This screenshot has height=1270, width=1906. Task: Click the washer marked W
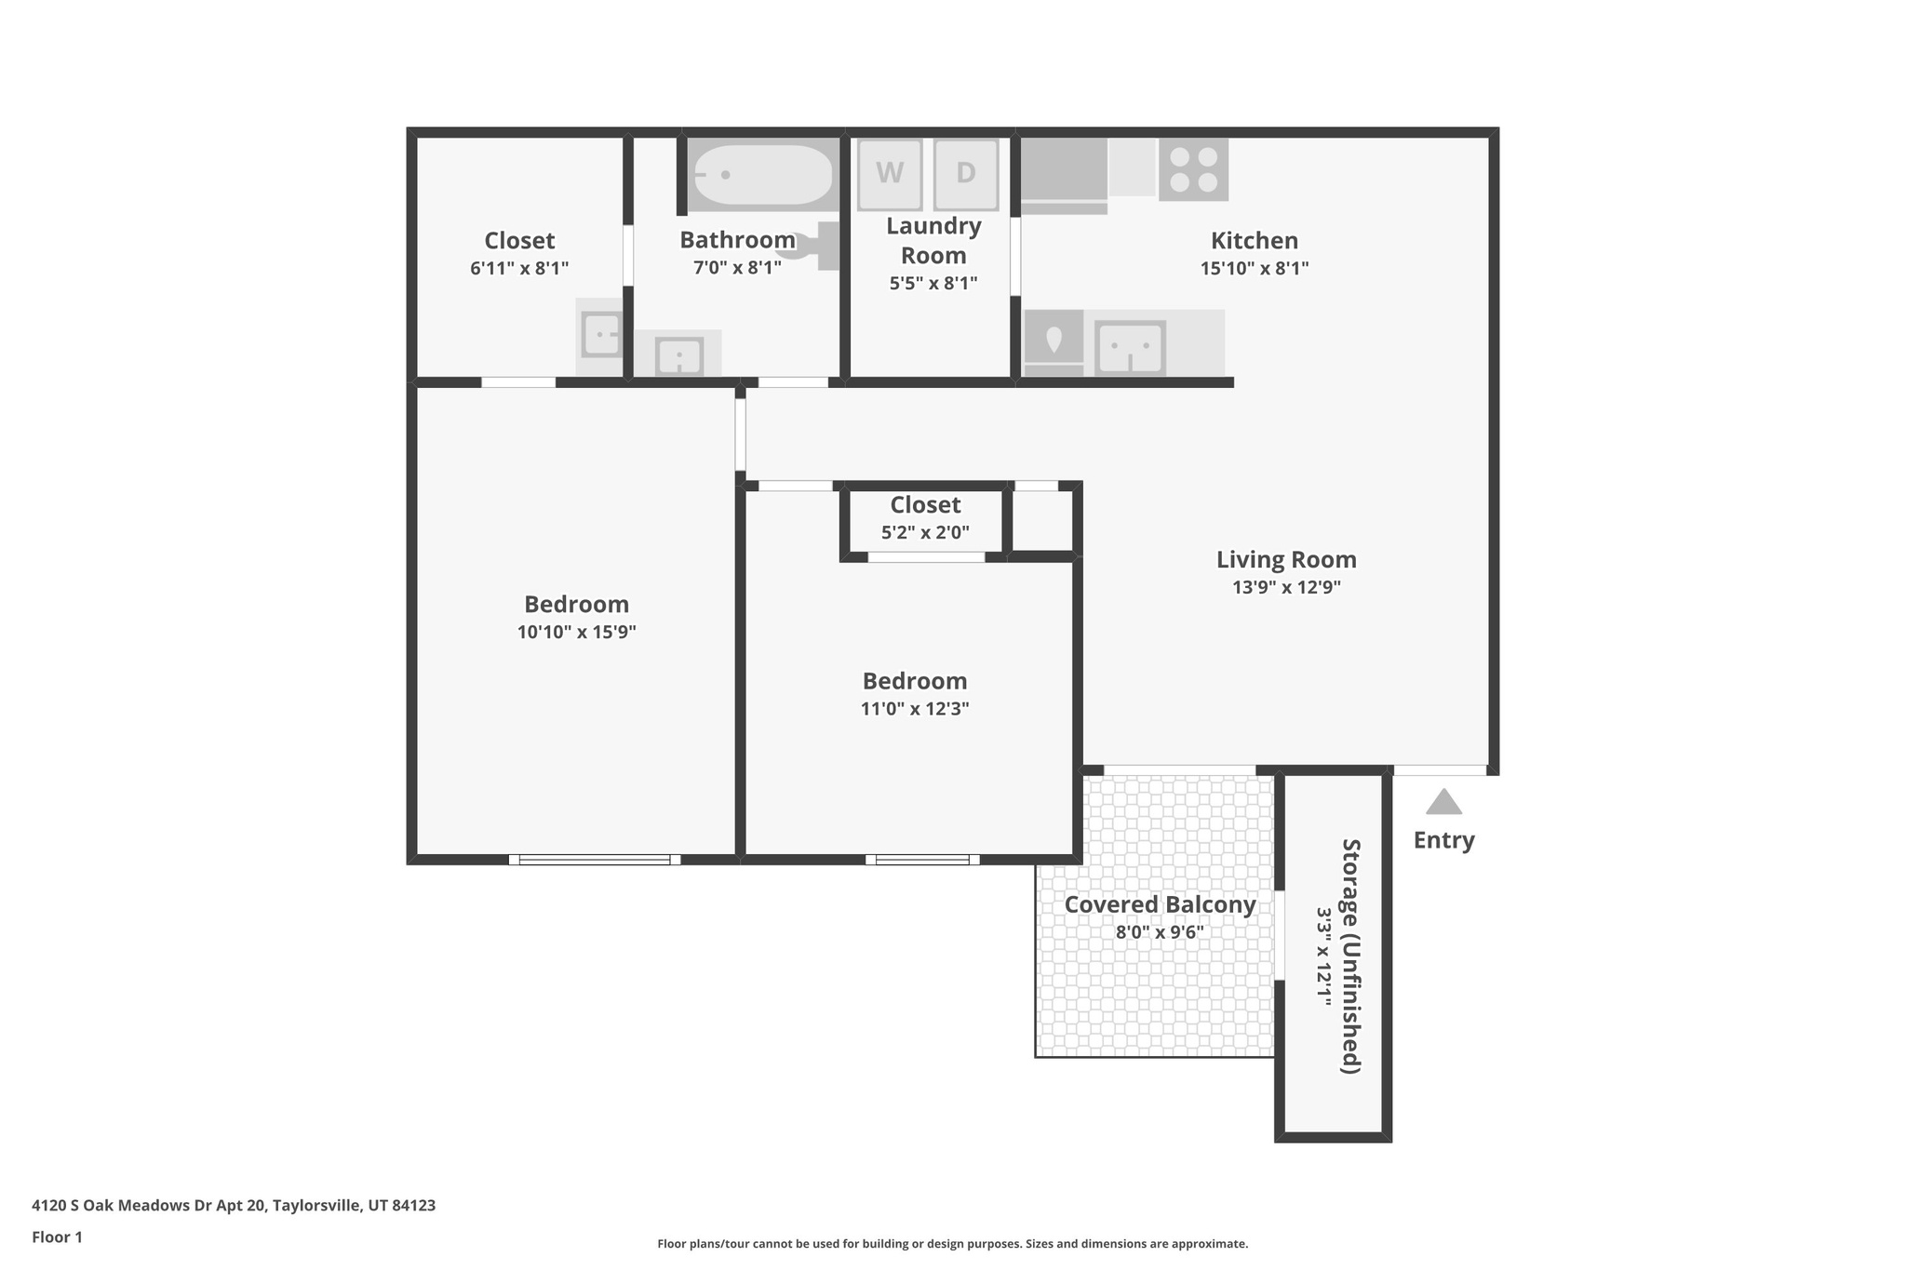[890, 174]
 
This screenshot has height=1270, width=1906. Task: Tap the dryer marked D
[966, 174]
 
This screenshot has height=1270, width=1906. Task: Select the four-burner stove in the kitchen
[1193, 169]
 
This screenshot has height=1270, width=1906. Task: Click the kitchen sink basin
[1130, 348]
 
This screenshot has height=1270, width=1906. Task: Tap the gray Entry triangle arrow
[1443, 802]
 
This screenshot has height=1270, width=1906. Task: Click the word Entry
[1443, 840]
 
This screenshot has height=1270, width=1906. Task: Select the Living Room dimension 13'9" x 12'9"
[1286, 587]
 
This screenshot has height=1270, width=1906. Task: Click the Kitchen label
[1254, 241]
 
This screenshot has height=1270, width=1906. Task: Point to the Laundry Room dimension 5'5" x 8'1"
[933, 283]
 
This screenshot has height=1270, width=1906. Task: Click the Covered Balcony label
[1160, 904]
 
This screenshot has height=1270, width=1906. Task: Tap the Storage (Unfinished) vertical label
[1350, 956]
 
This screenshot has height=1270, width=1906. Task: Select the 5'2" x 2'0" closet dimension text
[925, 533]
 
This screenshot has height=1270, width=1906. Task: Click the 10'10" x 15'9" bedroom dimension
[576, 633]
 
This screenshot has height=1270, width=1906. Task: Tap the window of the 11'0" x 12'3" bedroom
[922, 860]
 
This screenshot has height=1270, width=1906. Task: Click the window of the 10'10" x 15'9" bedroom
[594, 860]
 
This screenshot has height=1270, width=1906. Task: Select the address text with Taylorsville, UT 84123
[234, 1206]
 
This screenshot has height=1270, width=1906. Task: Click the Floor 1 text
[57, 1237]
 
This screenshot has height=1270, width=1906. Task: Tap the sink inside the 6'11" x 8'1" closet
[601, 334]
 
